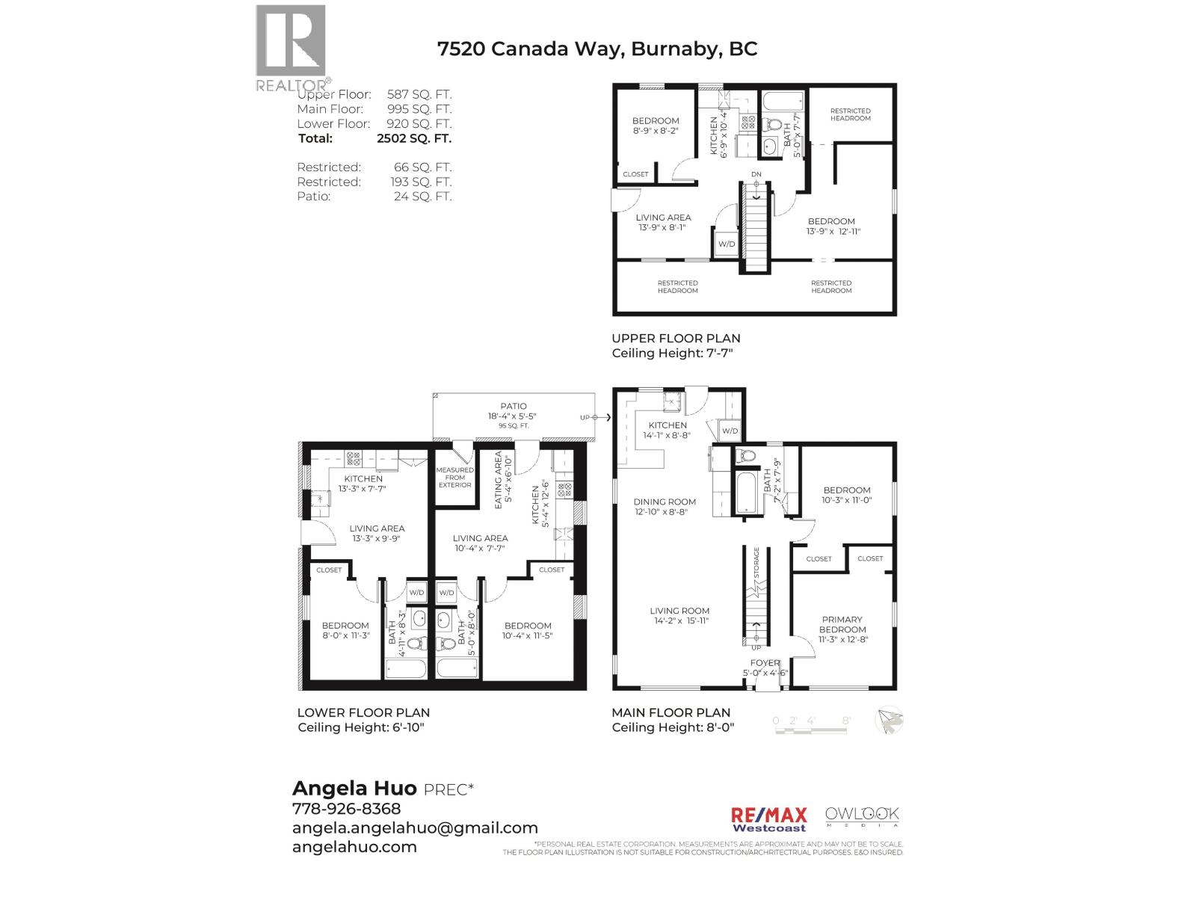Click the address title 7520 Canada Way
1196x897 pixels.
tap(597, 49)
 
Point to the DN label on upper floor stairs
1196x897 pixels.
tap(756, 175)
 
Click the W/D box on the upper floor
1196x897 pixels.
tap(726, 244)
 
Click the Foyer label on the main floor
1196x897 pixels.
tap(765, 663)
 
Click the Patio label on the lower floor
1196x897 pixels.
tap(514, 407)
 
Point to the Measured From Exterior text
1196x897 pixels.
tap(454, 478)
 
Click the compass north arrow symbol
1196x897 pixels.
tap(890, 721)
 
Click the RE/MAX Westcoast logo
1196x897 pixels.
tap(768, 819)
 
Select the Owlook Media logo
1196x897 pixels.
tap(862, 816)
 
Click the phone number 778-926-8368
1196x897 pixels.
tap(346, 809)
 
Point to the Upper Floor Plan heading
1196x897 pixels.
tap(676, 339)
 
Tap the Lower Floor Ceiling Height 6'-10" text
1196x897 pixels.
tap(360, 728)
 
